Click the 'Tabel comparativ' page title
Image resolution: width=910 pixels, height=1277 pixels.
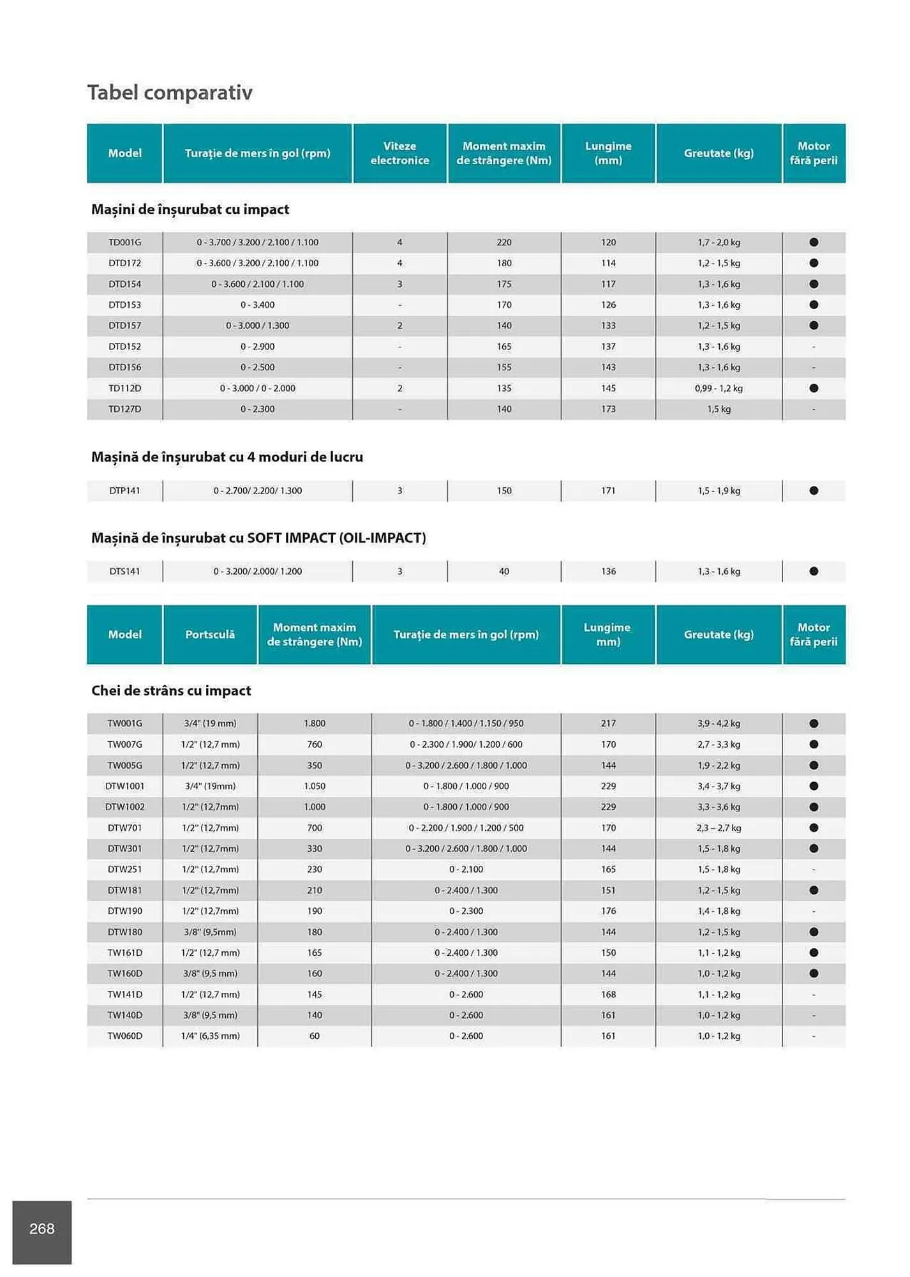tap(170, 93)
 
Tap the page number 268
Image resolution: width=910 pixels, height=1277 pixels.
tap(42, 1228)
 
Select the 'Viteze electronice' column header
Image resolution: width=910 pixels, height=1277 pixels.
tap(399, 153)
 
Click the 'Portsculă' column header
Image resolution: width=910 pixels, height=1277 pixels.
tap(210, 635)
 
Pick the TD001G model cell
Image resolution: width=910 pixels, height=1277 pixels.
tap(124, 243)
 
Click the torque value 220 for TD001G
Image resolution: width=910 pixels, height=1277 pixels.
tap(504, 243)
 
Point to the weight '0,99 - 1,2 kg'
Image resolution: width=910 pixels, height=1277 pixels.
tap(719, 388)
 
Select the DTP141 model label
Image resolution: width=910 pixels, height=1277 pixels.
tap(124, 491)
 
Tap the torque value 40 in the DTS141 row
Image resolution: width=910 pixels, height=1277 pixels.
tap(504, 571)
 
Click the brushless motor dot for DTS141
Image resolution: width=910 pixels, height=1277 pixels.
tap(814, 571)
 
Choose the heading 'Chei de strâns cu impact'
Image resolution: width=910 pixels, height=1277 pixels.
tap(171, 691)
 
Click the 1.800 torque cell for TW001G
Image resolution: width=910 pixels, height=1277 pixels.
tap(315, 723)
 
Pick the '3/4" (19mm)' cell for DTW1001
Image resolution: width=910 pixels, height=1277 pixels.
tap(210, 786)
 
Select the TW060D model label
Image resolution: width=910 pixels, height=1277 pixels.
tap(124, 1036)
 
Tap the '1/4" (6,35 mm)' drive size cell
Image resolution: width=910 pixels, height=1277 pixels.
tap(210, 1036)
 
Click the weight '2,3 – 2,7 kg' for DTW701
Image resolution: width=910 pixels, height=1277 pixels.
tap(719, 828)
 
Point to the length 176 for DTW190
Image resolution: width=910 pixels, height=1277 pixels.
tap(608, 911)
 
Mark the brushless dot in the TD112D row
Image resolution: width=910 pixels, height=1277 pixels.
tap(814, 388)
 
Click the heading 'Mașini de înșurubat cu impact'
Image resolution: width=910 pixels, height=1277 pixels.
tap(190, 209)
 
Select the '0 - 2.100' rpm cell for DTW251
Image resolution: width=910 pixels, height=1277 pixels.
tap(466, 870)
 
